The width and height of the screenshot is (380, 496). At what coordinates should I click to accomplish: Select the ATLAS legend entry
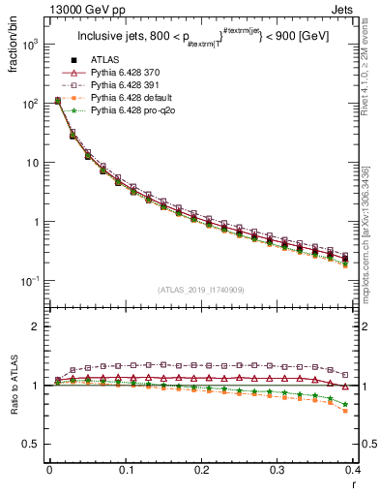tap(109, 60)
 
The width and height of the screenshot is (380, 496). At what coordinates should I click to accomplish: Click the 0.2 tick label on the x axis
tap(202, 470)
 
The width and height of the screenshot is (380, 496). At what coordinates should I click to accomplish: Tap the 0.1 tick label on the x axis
tap(126, 470)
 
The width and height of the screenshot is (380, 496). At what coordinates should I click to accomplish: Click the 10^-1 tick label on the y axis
tap(29, 281)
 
